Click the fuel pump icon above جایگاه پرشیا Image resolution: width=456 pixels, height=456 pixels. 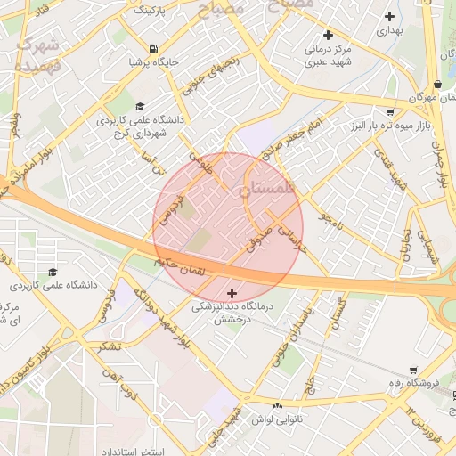tap(155, 49)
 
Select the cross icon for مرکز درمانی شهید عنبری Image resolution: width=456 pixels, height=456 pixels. tap(328, 36)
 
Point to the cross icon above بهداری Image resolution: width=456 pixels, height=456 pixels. tap(389, 16)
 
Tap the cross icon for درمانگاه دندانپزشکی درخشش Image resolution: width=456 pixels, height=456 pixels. tap(232, 293)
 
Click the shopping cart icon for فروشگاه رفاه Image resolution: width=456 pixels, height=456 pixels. tap(413, 370)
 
